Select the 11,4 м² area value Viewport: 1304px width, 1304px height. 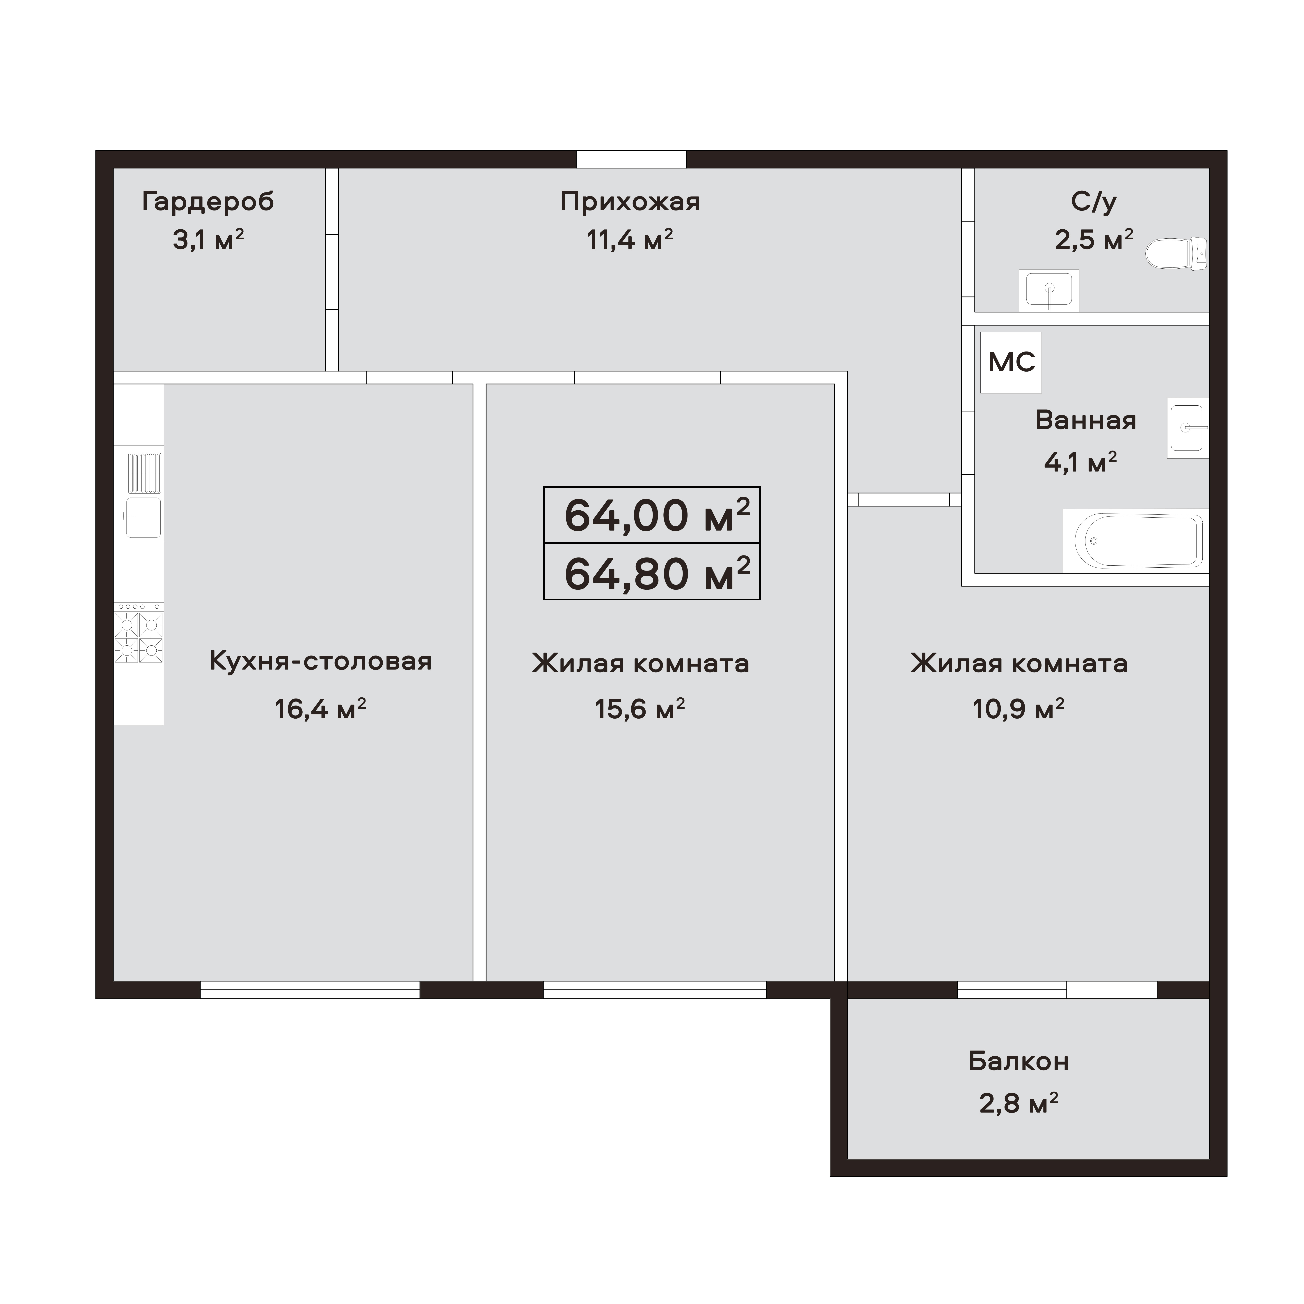click(x=630, y=240)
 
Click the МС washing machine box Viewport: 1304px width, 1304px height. click(x=1010, y=362)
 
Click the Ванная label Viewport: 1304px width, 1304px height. click(x=1085, y=420)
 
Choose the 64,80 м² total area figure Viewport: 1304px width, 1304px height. click(x=652, y=573)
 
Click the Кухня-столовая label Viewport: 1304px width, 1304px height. click(x=321, y=661)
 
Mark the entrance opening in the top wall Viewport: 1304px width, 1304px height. click(x=631, y=159)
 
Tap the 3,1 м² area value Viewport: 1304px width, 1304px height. click(x=208, y=240)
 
